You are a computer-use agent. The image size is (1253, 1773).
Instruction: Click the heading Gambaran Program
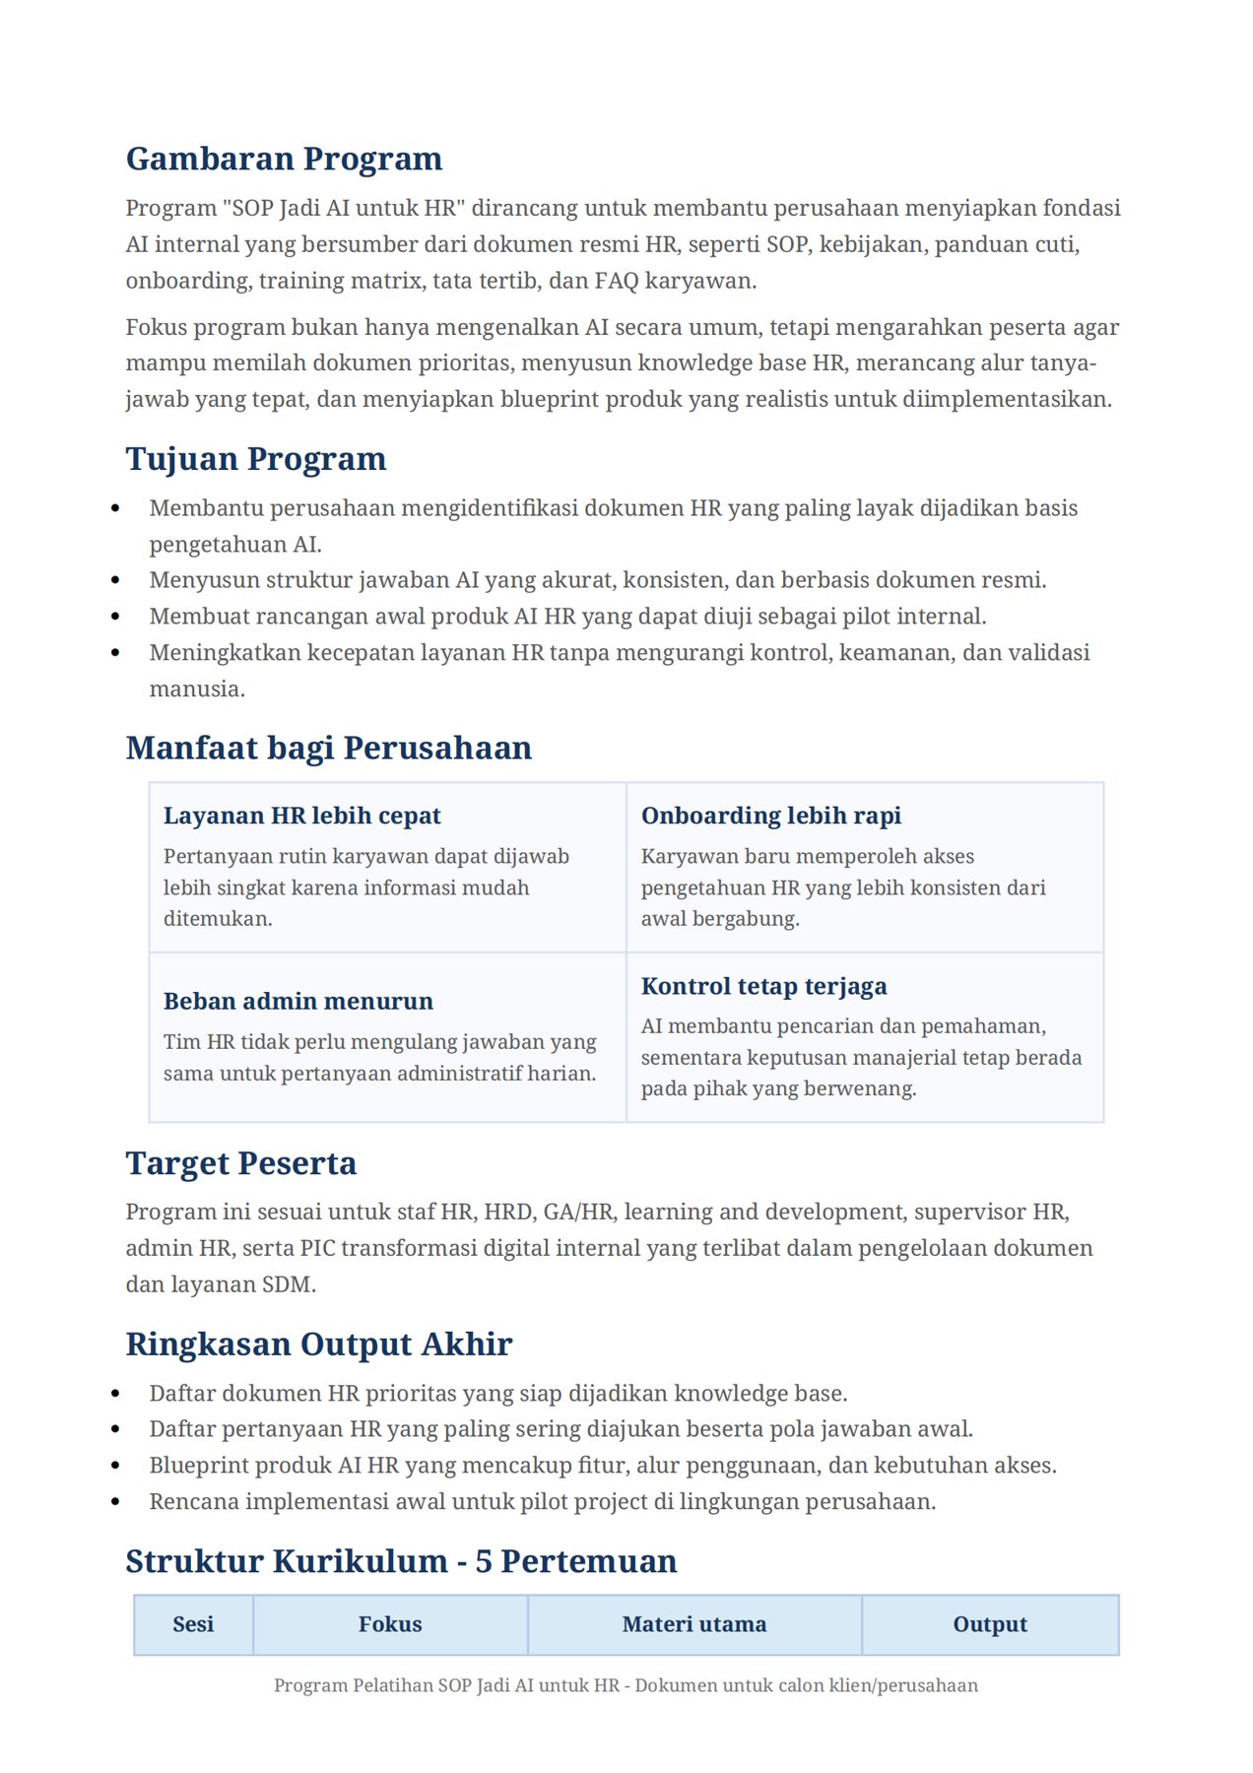[284, 159]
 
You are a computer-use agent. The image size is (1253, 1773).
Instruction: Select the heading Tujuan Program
[255, 459]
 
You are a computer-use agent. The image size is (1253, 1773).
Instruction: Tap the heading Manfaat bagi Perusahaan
[328, 748]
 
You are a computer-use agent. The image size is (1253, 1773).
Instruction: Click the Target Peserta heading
[240, 1163]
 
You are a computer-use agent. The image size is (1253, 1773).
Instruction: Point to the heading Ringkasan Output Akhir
[318, 1344]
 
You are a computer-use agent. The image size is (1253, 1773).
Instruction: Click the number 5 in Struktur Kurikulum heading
[484, 1561]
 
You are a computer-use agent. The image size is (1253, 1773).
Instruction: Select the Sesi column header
[193, 1624]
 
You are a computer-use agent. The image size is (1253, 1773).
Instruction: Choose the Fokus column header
[390, 1624]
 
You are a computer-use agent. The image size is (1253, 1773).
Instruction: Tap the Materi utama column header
[693, 1624]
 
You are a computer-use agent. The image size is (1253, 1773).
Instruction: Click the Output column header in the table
[989, 1624]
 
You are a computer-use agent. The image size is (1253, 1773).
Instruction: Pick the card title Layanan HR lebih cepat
[301, 816]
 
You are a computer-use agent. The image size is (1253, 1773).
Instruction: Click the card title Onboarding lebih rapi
[770, 816]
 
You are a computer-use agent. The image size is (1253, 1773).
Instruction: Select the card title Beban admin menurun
[297, 1001]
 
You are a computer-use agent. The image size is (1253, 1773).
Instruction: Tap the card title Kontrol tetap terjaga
[763, 986]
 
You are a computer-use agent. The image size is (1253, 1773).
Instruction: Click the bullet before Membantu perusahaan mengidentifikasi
[116, 509]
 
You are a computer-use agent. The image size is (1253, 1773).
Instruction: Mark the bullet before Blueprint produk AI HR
[116, 1466]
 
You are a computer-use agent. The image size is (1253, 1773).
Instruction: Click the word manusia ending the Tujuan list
[196, 689]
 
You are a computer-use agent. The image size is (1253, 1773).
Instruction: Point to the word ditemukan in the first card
[217, 918]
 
